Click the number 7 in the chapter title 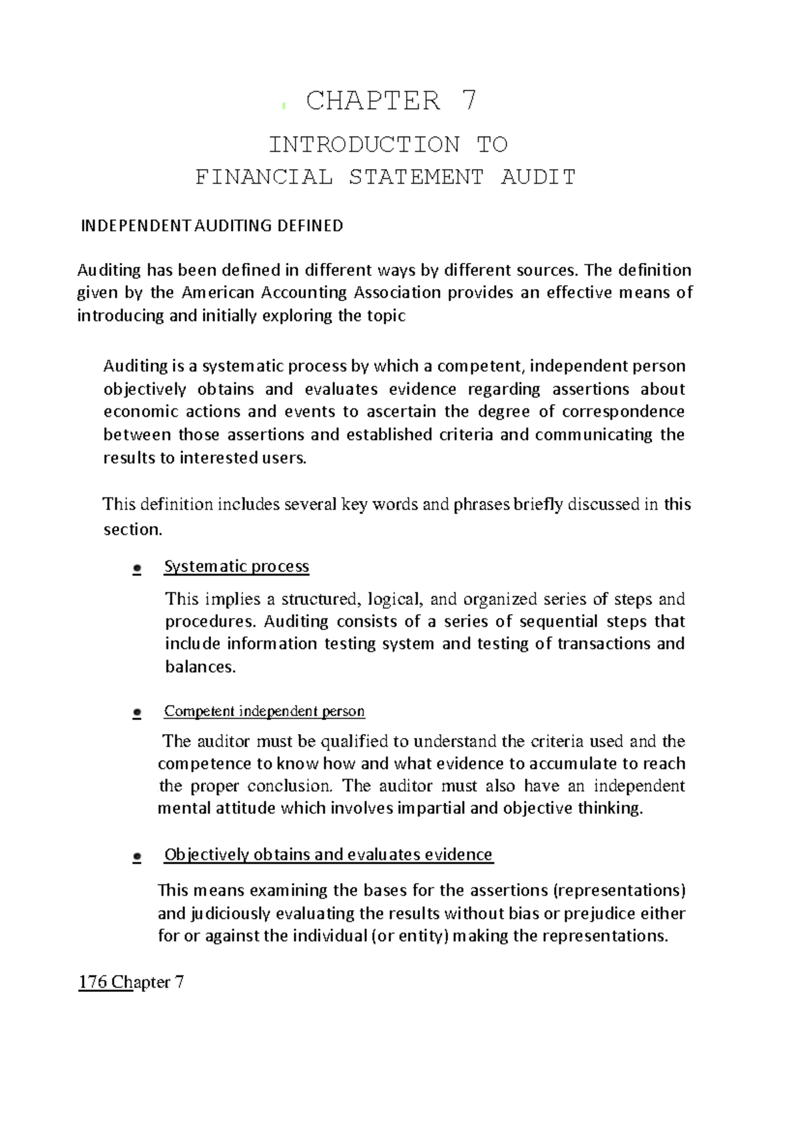click(x=469, y=101)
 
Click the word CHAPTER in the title click(x=373, y=101)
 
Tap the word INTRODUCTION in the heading click(x=364, y=145)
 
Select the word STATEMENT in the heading click(x=416, y=177)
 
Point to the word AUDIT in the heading click(x=538, y=177)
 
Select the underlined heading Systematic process click(x=236, y=567)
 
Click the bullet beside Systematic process click(x=137, y=569)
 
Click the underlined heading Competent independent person click(x=264, y=711)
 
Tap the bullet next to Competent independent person click(x=137, y=713)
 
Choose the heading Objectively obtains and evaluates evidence click(x=328, y=855)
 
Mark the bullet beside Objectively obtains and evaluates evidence click(x=137, y=857)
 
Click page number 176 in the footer click(x=93, y=982)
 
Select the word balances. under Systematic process click(x=200, y=667)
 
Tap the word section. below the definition click(x=133, y=530)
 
